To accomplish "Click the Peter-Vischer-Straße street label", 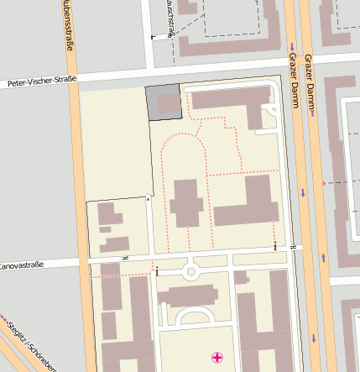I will tap(42, 82).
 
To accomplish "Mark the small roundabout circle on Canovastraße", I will tap(190, 271).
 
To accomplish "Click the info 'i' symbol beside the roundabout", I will tap(157, 270).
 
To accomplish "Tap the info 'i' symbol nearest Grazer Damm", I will tap(275, 245).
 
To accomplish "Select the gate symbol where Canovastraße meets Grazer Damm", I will tap(293, 247).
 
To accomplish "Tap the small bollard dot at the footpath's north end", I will tap(149, 199).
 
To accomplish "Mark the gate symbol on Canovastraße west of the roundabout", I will tap(125, 257).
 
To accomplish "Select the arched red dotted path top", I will tap(183, 135).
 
